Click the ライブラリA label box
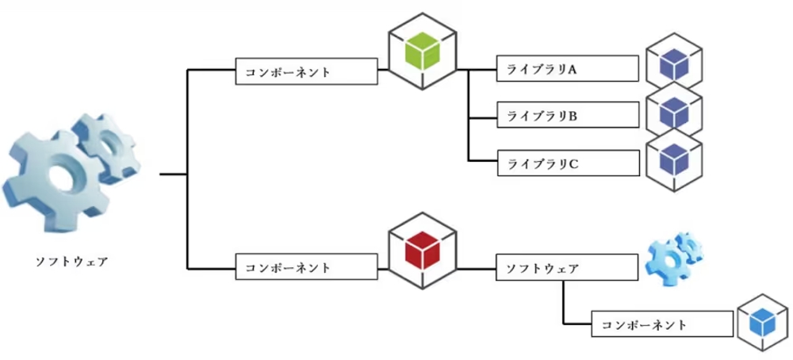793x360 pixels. tap(566, 69)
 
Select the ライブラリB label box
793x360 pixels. tap(566, 116)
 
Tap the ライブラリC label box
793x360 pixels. tap(566, 163)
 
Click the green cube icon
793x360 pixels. tap(423, 52)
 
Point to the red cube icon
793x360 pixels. tap(423, 252)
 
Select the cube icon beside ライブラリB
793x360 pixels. tap(674, 113)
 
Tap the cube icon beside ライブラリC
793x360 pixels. tap(674, 159)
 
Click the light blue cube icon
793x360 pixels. tap(762, 323)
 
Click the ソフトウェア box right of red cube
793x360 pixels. tap(566, 267)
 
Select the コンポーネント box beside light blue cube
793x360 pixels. tap(662, 324)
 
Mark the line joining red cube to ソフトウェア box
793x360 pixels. tap(477, 267)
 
